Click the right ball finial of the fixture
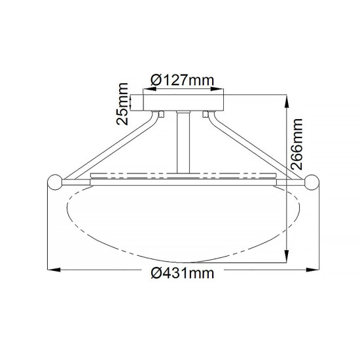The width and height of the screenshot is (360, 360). (311, 183)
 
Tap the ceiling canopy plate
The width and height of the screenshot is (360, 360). (184, 101)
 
